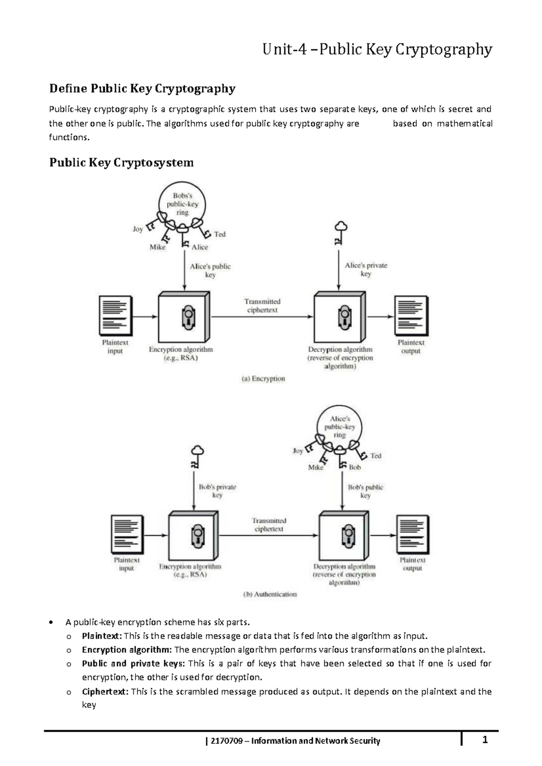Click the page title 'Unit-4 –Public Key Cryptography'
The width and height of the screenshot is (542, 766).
pos(377,49)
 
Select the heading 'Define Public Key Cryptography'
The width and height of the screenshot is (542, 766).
pos(142,88)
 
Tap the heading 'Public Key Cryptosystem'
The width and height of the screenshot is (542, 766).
pos(121,162)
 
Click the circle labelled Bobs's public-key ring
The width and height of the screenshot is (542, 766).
pos(182,204)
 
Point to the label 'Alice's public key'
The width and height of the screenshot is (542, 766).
pos(210,270)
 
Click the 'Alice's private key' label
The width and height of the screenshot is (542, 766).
pos(366,269)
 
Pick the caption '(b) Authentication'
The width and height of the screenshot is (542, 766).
pos(270,594)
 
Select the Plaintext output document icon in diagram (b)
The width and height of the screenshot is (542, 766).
pos(412,535)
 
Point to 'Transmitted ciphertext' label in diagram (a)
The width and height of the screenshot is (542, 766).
pos(262,305)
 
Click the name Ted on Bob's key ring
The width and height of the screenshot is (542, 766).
pos(220,234)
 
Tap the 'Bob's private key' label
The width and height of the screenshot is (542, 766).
pos(217,491)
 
